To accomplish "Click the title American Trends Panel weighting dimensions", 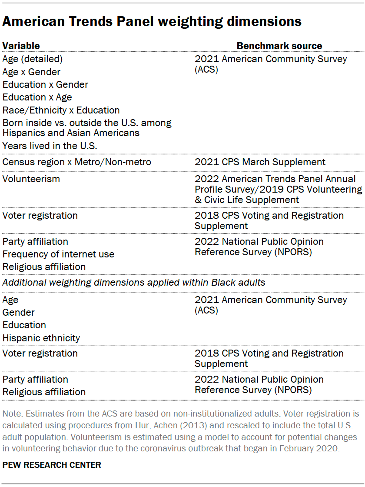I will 152,21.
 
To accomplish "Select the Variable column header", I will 21,46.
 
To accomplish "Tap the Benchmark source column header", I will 279,46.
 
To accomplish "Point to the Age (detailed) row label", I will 33,59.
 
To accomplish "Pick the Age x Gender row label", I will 31,72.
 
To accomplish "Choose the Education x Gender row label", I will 45,84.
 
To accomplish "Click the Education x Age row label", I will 37,97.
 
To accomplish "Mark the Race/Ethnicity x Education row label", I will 61,110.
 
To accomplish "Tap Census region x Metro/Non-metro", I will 77,162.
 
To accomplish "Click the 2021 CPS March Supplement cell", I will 260,162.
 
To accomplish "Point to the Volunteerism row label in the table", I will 31,179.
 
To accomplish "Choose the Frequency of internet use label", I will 58,254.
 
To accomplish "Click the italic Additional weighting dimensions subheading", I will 134,282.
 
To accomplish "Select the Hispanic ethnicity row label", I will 41,338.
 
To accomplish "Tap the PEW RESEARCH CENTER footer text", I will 52,465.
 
